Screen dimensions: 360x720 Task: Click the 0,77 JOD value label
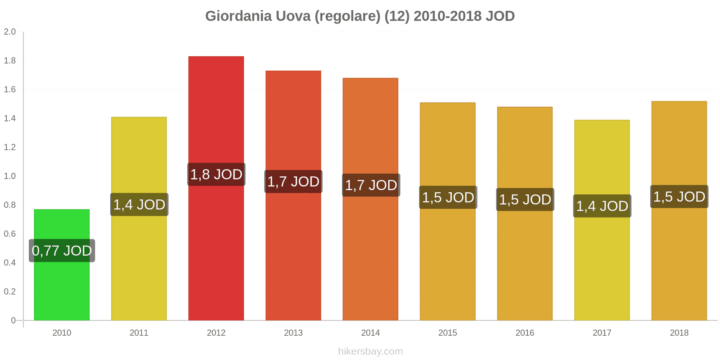coord(62,251)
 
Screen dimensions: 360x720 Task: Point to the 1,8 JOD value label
coord(216,175)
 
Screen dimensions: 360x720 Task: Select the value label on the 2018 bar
coord(679,197)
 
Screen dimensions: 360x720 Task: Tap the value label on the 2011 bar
coord(139,205)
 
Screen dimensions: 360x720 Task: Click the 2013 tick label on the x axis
coord(293,333)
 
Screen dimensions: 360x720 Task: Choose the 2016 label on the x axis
coord(525,333)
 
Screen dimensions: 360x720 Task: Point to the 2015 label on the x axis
coord(448,333)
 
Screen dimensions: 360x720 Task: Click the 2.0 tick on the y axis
coord(10,32)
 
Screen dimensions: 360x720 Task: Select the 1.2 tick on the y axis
coord(10,147)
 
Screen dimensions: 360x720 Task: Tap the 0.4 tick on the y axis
coord(10,263)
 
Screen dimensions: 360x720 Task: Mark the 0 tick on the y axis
coord(13,320)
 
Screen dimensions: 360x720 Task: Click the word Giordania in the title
coord(238,16)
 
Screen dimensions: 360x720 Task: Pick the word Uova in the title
coord(293,16)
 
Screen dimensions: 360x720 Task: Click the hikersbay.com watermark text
coord(370,351)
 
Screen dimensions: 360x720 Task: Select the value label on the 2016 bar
coord(525,200)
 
